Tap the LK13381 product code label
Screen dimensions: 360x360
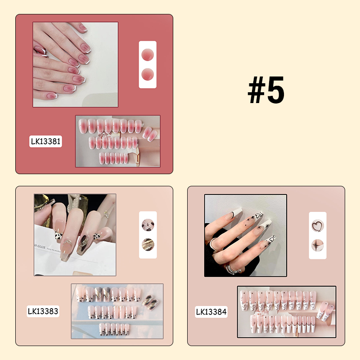45,142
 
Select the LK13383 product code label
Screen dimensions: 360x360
43,311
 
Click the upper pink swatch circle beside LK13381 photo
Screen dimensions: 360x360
147,55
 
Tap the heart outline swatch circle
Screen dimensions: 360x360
317,225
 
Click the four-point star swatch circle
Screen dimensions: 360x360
317,245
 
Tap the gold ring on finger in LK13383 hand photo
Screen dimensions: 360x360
106,214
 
